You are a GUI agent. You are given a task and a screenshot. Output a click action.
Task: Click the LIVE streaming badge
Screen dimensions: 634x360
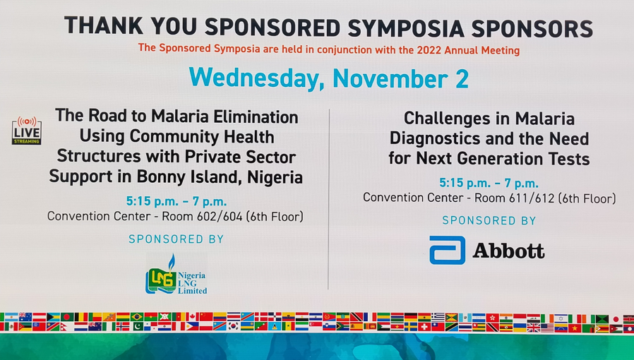point(26,131)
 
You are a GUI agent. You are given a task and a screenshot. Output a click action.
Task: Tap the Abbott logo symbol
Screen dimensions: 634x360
point(447,251)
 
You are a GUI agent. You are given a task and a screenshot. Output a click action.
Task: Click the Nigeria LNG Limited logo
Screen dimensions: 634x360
point(177,275)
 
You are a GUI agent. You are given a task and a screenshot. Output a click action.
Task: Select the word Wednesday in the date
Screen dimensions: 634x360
point(253,78)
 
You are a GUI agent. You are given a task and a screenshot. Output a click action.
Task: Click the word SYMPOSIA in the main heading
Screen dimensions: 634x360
point(405,28)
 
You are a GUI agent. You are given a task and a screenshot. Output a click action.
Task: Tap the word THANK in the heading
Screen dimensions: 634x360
point(104,26)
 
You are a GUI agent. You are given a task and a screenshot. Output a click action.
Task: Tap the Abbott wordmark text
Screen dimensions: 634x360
point(508,251)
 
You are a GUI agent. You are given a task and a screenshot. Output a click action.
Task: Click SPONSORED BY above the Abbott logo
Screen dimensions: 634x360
point(489,220)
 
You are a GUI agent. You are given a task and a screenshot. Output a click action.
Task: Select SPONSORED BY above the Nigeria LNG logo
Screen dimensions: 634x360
point(176,239)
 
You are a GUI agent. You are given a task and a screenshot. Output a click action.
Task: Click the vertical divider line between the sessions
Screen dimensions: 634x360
point(329,199)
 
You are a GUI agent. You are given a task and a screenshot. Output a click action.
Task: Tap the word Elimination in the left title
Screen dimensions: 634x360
point(256,117)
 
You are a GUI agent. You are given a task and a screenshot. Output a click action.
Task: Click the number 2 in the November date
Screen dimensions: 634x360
point(462,79)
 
